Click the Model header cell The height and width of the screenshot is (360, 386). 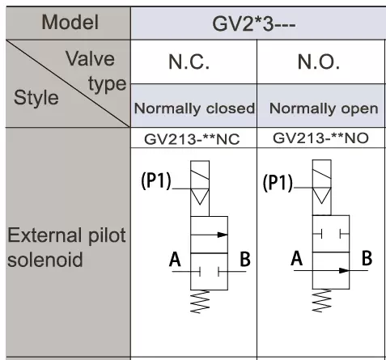pyautogui.click(x=70, y=23)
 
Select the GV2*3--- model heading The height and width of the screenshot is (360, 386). pyautogui.click(x=254, y=24)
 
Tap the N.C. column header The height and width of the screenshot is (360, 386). pyautogui.click(x=189, y=61)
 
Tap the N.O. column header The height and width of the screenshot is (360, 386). pyautogui.click(x=318, y=61)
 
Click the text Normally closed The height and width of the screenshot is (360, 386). pyautogui.click(x=194, y=108)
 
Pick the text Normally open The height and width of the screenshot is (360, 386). pyautogui.click(x=324, y=108)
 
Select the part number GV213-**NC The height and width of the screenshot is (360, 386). pyautogui.click(x=192, y=139)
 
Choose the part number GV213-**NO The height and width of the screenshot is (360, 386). pyautogui.click(x=320, y=138)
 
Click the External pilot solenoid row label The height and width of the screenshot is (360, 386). pyautogui.click(x=66, y=248)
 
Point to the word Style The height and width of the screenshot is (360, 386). pyautogui.click(x=36, y=97)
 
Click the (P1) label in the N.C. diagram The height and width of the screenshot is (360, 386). pyautogui.click(x=156, y=180)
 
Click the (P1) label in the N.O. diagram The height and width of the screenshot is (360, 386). pyautogui.click(x=278, y=183)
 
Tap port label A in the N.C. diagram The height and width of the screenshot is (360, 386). pyautogui.click(x=175, y=259)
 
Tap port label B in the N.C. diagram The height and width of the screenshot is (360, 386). pyautogui.click(x=245, y=259)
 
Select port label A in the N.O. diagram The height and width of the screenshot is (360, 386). pyautogui.click(x=297, y=258)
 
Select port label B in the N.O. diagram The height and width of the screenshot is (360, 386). pyautogui.click(x=367, y=258)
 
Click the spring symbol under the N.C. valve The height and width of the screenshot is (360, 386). pyautogui.click(x=200, y=302)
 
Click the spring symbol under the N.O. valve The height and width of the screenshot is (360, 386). pyautogui.click(x=322, y=301)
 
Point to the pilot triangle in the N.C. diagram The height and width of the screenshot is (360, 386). pyautogui.click(x=200, y=197)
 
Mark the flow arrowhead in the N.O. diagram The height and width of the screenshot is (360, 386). pyautogui.click(x=344, y=270)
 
